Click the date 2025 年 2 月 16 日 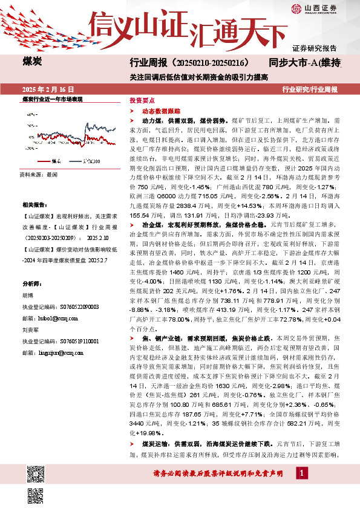pos(45,89)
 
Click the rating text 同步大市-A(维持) pos(309,63)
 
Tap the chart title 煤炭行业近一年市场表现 pos(52,99)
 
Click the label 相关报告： pos(34,206)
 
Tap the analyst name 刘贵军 pos(31,331)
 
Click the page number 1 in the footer pos(300,488)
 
